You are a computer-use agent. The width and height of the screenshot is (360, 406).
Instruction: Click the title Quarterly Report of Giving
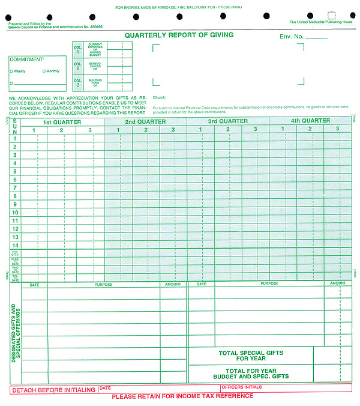point(179,35)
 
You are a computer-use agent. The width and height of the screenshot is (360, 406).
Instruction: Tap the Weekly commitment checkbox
point(11,71)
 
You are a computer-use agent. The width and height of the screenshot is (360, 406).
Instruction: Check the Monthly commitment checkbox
point(44,71)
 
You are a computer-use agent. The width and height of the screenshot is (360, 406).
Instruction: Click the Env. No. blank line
point(316,37)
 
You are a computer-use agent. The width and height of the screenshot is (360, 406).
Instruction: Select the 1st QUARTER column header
point(62,121)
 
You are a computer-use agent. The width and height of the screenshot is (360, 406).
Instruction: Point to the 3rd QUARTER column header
point(227,121)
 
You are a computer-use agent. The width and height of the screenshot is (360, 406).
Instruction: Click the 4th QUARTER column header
point(310,121)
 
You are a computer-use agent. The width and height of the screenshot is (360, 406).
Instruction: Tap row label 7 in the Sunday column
point(15,188)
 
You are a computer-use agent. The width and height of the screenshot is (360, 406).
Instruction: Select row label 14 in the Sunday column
point(15,245)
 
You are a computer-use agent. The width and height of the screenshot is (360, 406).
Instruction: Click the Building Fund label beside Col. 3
point(95,81)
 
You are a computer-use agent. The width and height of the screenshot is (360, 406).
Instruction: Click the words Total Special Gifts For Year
point(251,356)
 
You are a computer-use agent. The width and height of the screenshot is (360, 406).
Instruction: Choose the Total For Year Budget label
point(251,374)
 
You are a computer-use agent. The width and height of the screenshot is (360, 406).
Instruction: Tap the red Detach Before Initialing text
point(54,390)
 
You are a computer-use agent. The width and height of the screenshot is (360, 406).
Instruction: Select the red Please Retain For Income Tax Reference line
point(182,396)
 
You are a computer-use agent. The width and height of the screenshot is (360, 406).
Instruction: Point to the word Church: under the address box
point(160,97)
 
